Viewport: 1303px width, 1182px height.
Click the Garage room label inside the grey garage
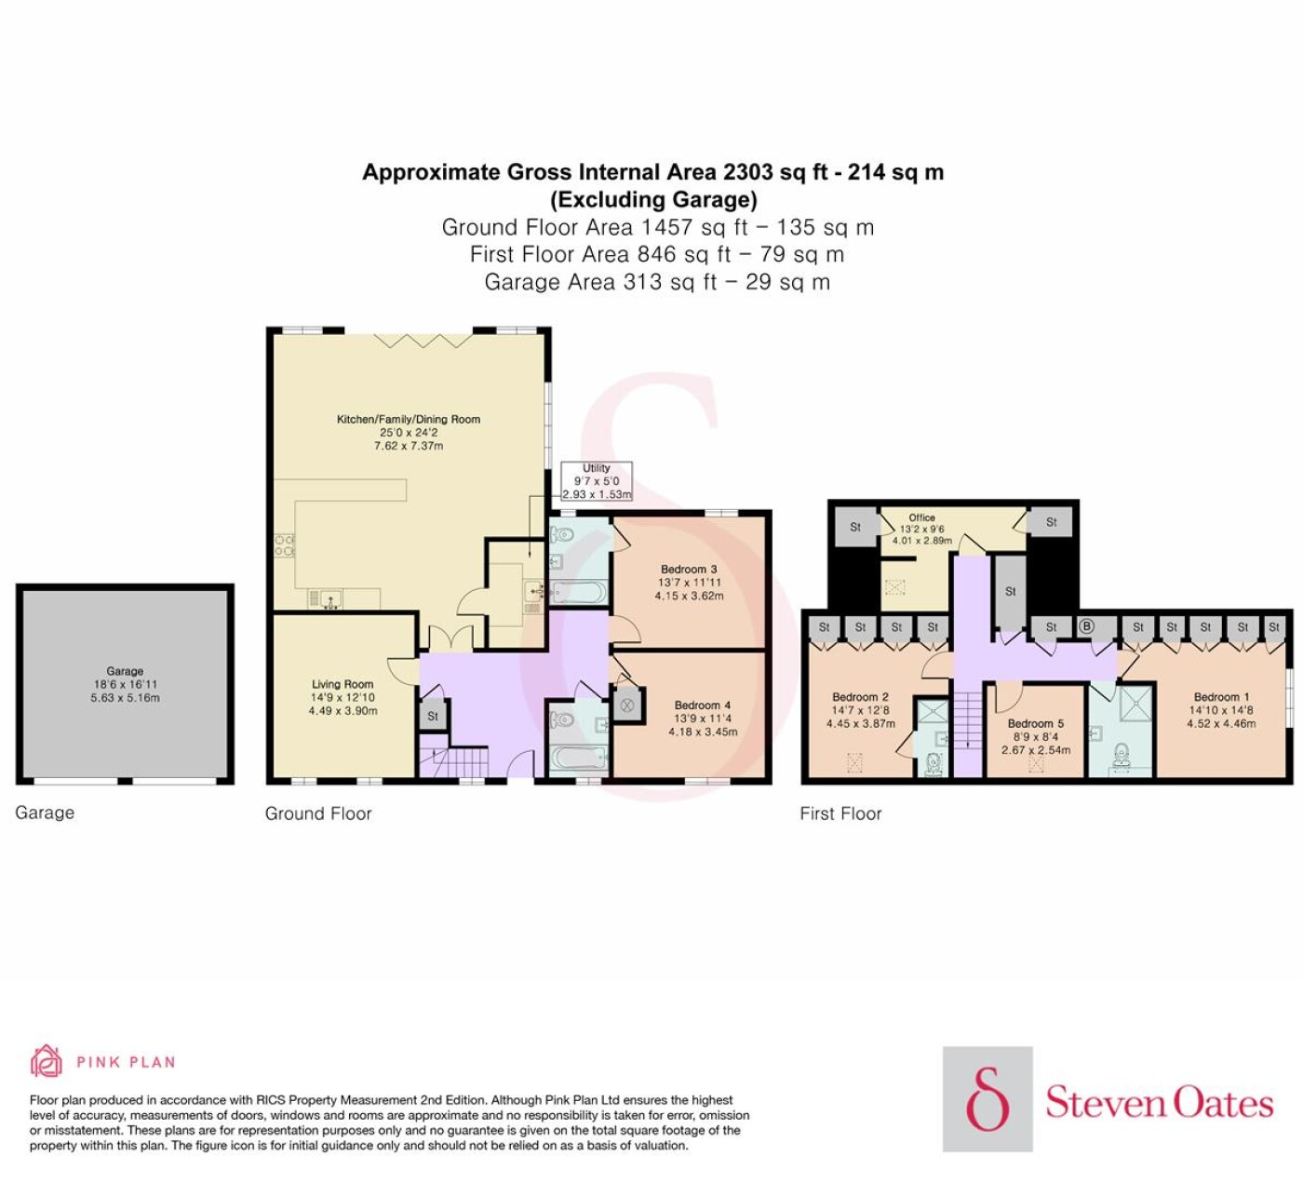pos(125,671)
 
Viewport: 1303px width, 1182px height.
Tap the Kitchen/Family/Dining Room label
pos(409,420)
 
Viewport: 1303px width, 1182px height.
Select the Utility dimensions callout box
pos(597,481)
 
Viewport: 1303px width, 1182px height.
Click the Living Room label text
pos(343,684)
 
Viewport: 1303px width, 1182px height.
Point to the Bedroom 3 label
pos(689,570)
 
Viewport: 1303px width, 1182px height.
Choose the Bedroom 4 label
pos(702,705)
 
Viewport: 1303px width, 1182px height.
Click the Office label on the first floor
pos(921,517)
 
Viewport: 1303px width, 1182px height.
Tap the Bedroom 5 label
pos(1035,724)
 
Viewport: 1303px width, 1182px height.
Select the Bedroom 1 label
pos(1221,697)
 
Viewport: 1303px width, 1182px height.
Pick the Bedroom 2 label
pos(860,697)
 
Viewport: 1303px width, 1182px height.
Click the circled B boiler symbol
pos(1086,627)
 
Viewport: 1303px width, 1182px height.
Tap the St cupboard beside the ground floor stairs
pos(433,716)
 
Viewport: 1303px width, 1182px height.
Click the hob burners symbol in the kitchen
pos(284,545)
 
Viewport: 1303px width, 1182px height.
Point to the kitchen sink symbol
pos(331,598)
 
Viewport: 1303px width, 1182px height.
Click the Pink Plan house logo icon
pos(47,1062)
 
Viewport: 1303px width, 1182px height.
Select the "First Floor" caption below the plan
pos(840,813)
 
